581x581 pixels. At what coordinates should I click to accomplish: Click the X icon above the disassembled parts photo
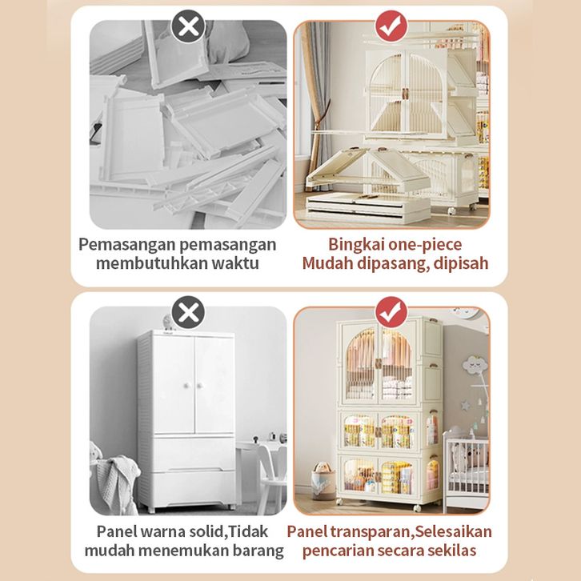(x=188, y=26)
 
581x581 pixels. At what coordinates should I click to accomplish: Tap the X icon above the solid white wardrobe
(x=188, y=312)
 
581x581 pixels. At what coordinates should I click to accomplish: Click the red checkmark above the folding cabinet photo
(x=391, y=26)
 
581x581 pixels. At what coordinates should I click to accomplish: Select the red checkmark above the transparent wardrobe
(x=391, y=312)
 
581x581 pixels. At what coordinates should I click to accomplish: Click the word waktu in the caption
(x=235, y=263)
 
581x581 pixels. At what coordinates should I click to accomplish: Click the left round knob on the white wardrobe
(x=186, y=386)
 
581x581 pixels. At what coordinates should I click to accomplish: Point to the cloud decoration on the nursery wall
(x=475, y=365)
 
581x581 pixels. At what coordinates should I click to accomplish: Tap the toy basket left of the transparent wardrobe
(x=323, y=481)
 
